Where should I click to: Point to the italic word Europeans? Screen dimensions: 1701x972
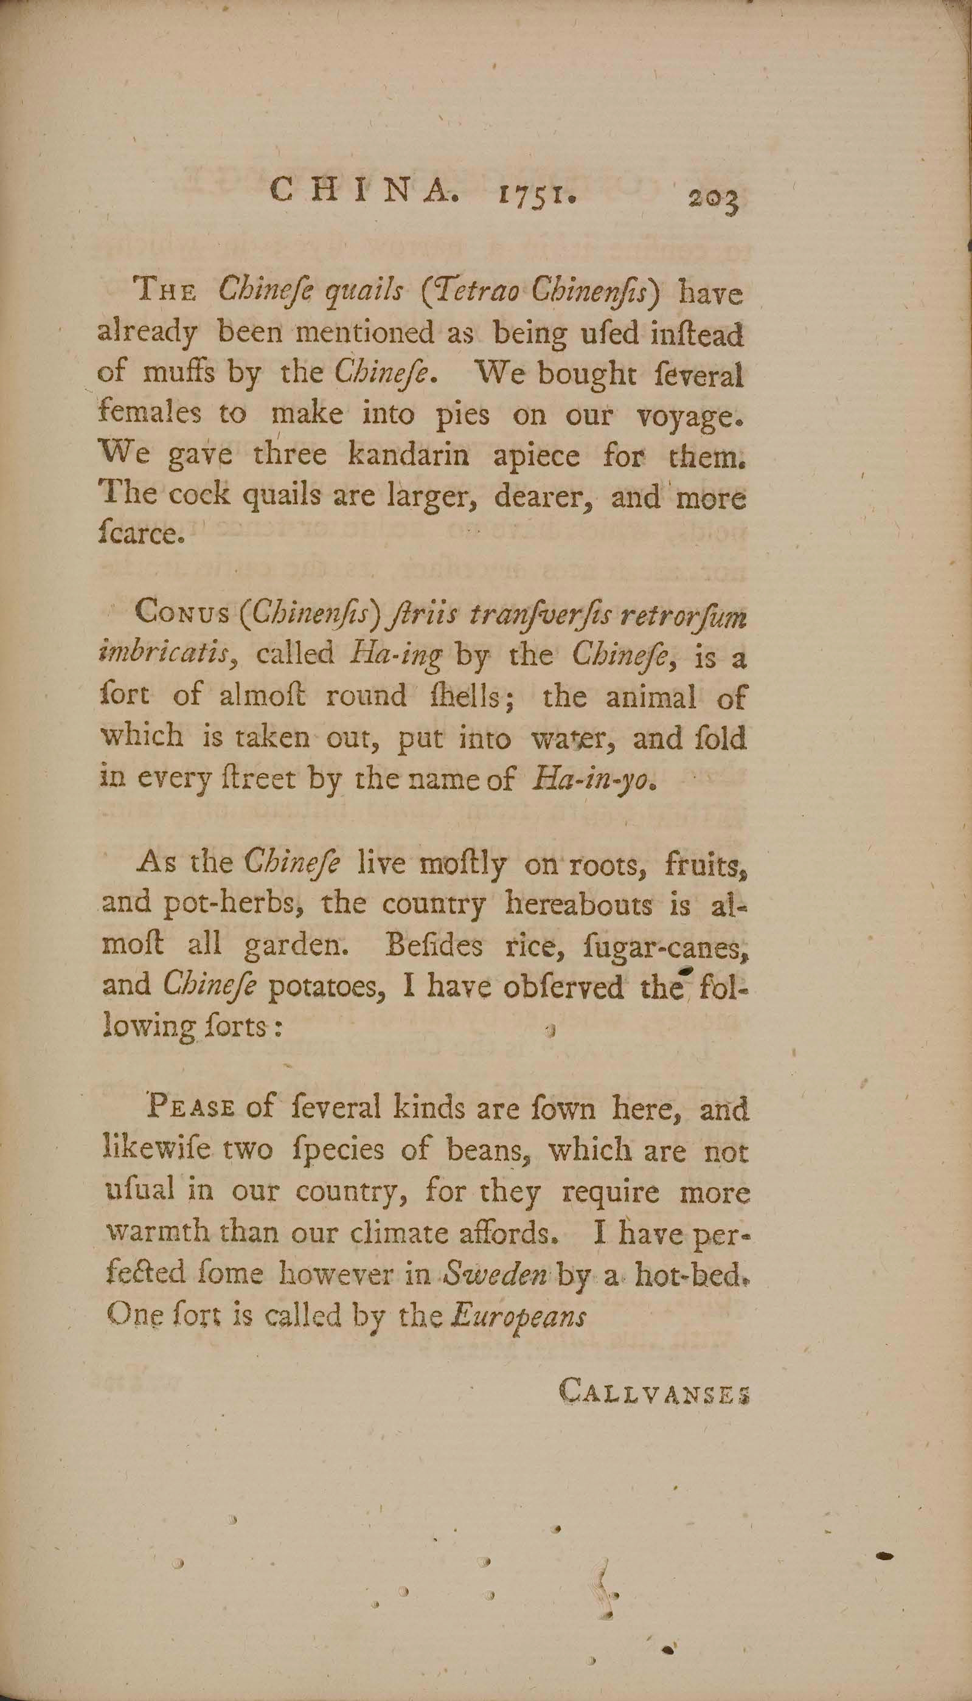coord(519,1316)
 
